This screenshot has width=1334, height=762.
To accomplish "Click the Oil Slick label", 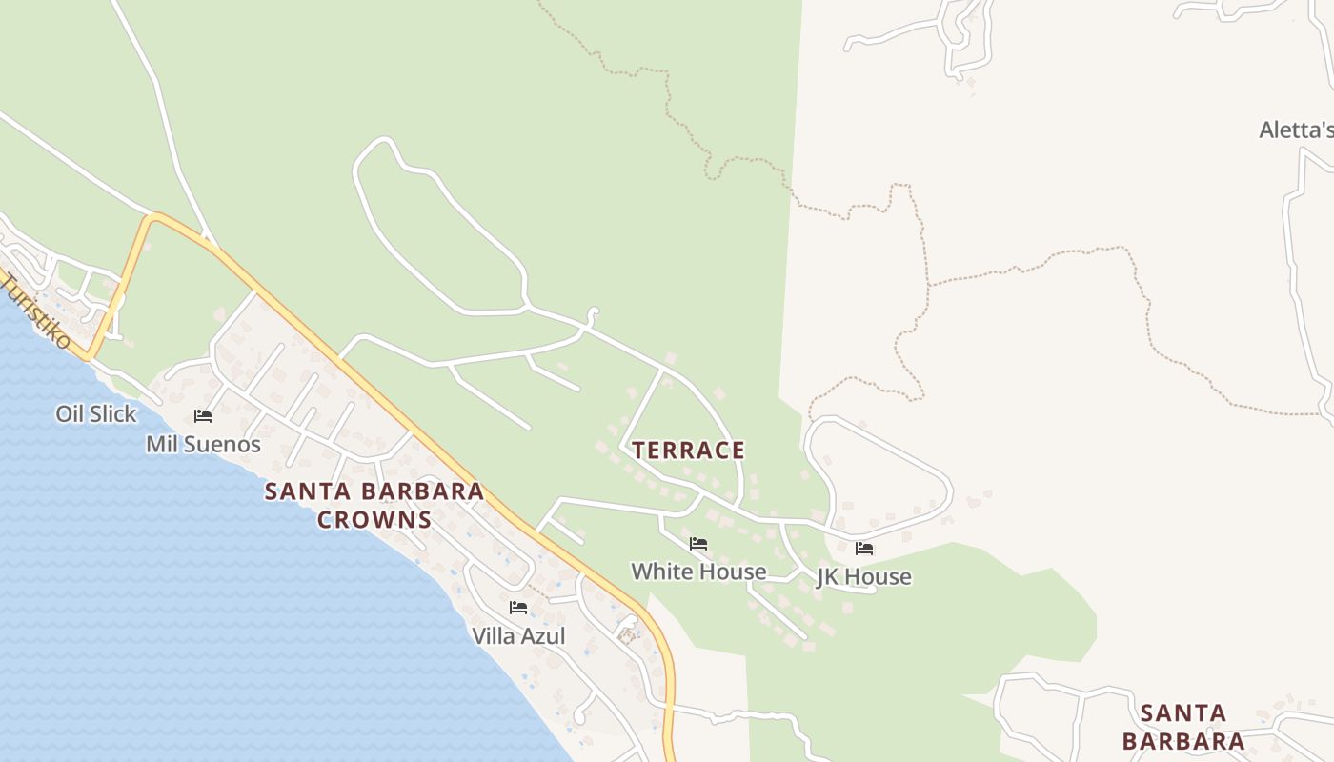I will point(96,414).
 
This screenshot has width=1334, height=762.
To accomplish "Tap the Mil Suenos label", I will point(203,445).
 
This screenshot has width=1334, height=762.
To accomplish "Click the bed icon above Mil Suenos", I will point(203,416).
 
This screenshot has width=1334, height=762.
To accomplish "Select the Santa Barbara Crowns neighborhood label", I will point(374,506).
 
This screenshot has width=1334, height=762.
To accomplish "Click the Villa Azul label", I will point(518,636).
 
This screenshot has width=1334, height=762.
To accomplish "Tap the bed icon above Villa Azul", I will point(518,608).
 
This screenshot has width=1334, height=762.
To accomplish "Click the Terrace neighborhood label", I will point(688,451).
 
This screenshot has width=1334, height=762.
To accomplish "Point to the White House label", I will point(698,571).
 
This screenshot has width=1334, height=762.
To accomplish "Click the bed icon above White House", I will point(698,544).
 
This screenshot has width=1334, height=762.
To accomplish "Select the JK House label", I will point(863,577).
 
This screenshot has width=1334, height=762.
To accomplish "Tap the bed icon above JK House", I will point(864,549).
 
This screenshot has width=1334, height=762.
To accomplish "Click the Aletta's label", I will point(1296,130).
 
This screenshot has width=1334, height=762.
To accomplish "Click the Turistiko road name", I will point(35,311).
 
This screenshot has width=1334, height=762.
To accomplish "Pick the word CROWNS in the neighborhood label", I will point(374,520).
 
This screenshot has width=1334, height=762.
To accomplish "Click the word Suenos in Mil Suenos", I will point(223,445).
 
